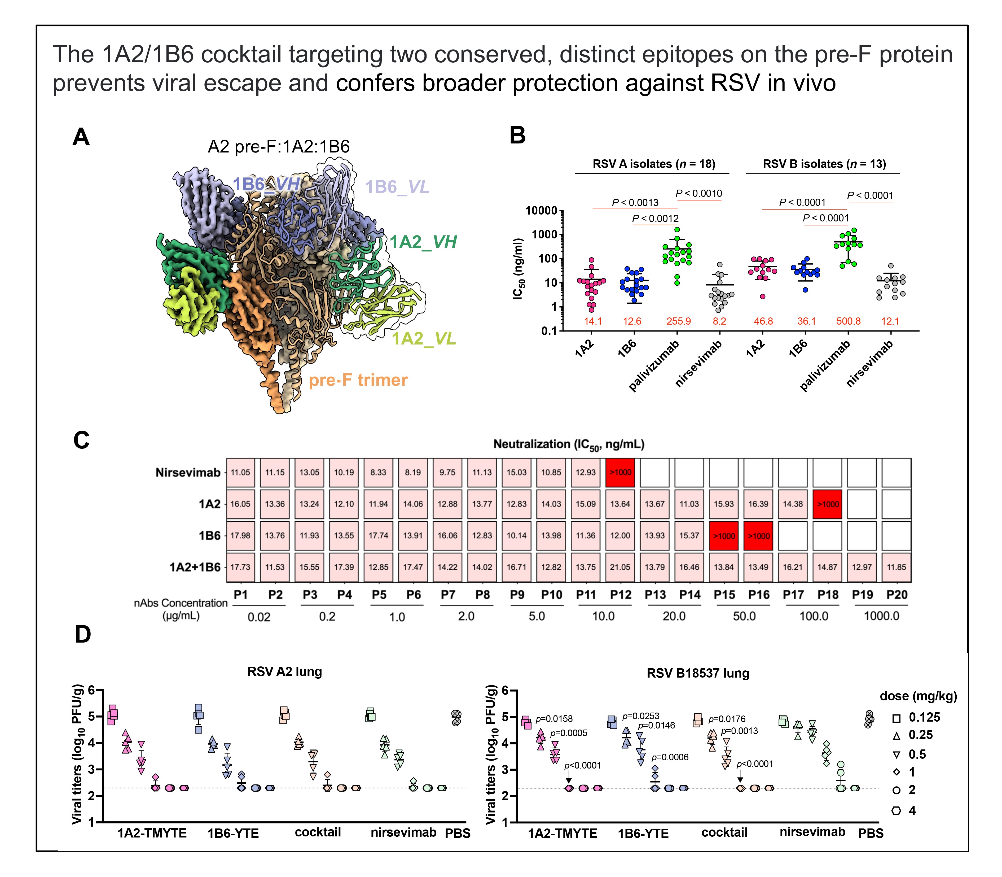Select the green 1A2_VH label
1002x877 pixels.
pos(423,242)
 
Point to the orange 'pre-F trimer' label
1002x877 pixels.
pos(358,380)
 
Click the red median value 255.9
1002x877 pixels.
pos(679,321)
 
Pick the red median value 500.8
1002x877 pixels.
pos(848,321)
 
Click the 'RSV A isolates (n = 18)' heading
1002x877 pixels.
pos(654,164)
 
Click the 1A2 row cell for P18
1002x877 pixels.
pos(827,504)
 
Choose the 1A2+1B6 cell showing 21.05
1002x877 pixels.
pos(620,567)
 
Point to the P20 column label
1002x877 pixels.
pos(897,595)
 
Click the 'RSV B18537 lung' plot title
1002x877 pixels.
pos(698,673)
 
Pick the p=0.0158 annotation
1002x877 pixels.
pos(554,719)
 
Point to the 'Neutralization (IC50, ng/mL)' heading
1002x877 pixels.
pos(569,444)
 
